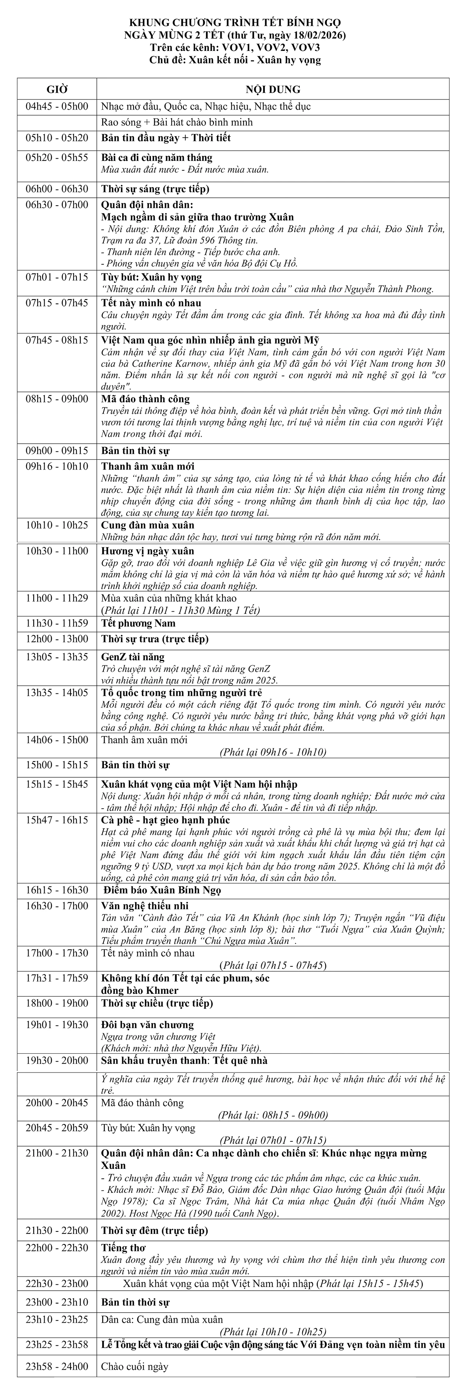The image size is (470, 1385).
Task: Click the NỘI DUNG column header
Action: (273, 89)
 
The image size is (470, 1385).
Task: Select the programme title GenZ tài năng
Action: (133, 657)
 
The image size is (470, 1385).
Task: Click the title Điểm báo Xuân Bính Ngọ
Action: (162, 890)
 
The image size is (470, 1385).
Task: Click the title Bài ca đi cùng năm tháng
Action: (157, 157)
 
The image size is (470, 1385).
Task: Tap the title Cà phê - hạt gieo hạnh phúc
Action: (166, 820)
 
